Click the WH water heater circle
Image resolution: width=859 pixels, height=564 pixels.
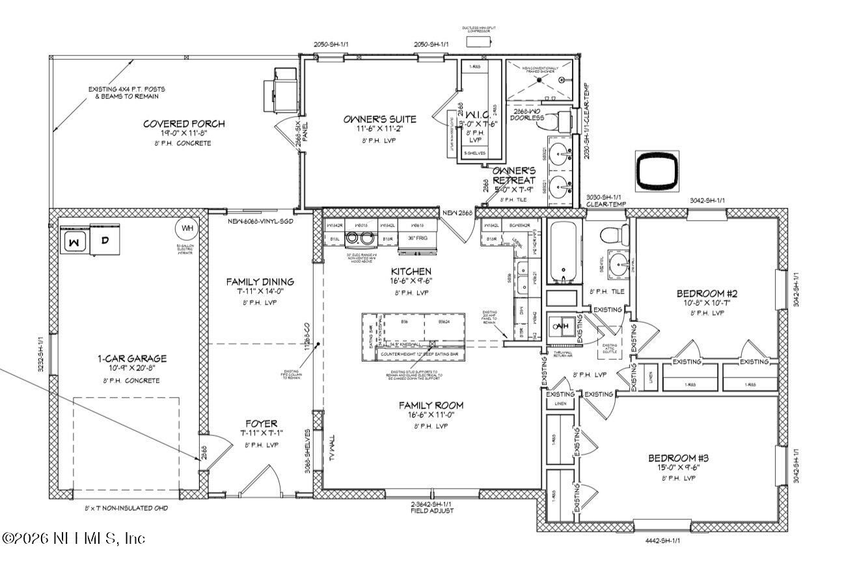tap(187, 228)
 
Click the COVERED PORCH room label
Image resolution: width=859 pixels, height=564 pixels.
tap(184, 124)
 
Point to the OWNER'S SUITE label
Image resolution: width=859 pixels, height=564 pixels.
tap(379, 119)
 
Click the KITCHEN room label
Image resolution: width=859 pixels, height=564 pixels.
tap(411, 271)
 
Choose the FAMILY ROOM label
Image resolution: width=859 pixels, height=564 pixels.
tap(431, 405)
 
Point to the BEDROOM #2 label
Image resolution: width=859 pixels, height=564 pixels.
tap(707, 293)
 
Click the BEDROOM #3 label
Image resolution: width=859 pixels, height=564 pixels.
tap(679, 458)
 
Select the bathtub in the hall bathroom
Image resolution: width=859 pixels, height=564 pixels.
tap(564, 253)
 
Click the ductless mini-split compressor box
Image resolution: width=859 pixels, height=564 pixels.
tap(480, 41)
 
